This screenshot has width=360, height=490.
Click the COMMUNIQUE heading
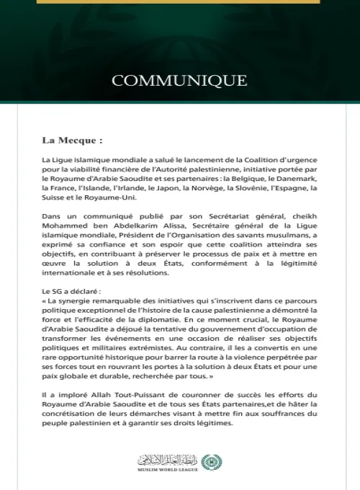point(179,79)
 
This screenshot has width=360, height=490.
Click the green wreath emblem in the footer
point(210,462)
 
